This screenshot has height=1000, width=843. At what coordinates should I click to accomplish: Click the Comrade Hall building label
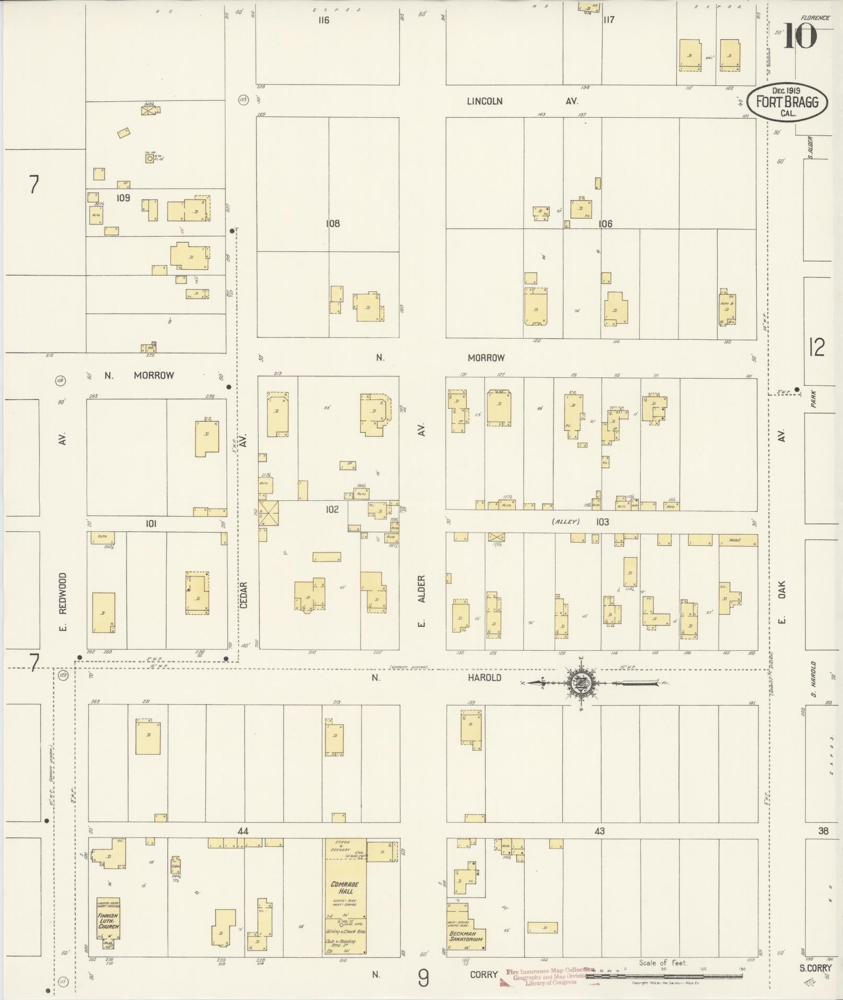[x=345, y=887]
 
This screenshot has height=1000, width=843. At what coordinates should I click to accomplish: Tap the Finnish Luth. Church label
[x=108, y=917]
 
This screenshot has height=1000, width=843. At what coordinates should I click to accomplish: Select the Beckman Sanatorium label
[x=466, y=935]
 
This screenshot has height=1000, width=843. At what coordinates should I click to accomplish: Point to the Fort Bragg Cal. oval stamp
[x=787, y=102]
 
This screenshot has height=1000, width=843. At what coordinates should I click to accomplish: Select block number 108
[x=333, y=224]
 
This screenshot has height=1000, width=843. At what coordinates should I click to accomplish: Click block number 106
[x=605, y=224]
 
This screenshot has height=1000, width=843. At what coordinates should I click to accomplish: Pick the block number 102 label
[x=332, y=509]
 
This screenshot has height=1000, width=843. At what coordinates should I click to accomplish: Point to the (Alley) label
[x=566, y=522]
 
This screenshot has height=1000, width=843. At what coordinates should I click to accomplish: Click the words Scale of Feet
[x=663, y=962]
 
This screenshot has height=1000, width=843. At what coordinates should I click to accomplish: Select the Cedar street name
[x=244, y=595]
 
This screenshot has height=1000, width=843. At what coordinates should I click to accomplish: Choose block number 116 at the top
[x=324, y=20]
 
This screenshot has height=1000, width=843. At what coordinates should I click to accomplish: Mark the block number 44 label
[x=242, y=831]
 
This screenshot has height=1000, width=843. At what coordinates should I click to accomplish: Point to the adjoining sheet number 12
[x=816, y=347]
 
